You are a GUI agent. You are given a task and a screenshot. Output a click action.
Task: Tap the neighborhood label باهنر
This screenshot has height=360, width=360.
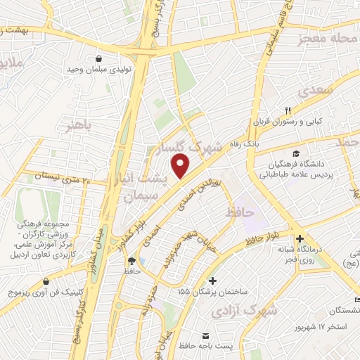coord(78,127)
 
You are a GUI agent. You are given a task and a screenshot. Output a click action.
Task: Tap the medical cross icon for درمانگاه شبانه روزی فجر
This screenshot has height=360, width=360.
coord(300,238)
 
